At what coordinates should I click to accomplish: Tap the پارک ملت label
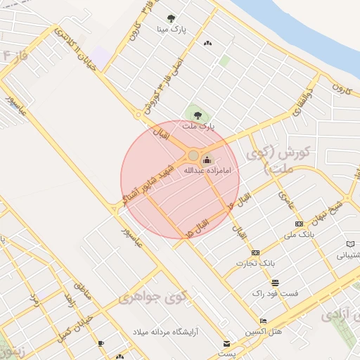click(198, 127)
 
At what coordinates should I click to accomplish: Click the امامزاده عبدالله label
click(207, 170)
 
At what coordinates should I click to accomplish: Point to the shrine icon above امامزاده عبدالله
click(206, 160)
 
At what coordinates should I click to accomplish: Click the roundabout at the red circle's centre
click(193, 155)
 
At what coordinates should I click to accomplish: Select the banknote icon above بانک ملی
click(300, 224)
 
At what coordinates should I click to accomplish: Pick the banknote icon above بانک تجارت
click(255, 252)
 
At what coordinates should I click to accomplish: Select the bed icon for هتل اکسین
click(263, 321)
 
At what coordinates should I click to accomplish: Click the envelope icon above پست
click(226, 343)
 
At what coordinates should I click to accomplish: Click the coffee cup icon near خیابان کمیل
click(101, 343)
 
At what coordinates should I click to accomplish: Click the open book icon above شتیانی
click(349, 244)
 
